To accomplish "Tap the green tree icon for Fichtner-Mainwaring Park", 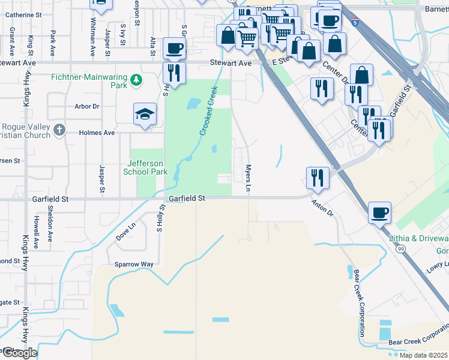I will click(137, 79).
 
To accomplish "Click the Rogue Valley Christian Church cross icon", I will click(59, 129).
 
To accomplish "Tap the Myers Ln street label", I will click(248, 179).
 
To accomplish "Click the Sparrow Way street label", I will click(134, 264).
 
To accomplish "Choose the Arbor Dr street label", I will click(86, 106).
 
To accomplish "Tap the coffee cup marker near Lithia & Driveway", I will click(379, 212).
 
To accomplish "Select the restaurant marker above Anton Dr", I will click(317, 177).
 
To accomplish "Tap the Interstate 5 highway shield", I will click(357, 23).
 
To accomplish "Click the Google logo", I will click(20, 353).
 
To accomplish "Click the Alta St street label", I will click(153, 43).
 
